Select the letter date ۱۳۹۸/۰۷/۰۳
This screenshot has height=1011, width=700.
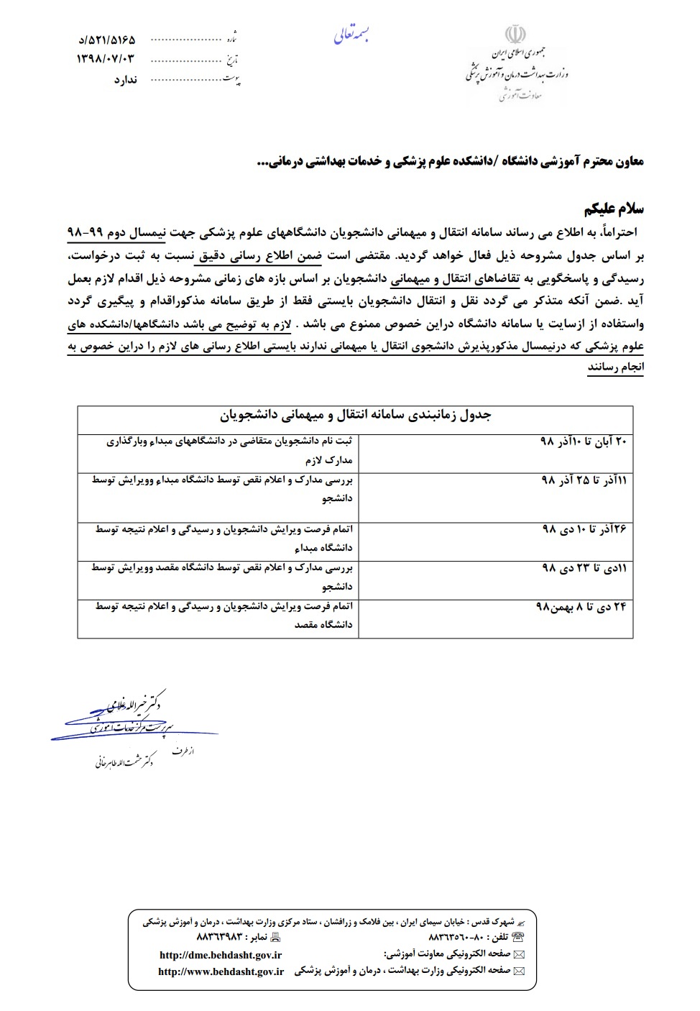pyautogui.click(x=106, y=58)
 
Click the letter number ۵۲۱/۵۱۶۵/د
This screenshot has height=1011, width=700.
pyautogui.click(x=106, y=40)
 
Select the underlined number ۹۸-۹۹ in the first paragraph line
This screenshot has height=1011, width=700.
pyautogui.click(x=85, y=234)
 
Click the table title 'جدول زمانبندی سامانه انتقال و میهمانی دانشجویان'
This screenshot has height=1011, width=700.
pyautogui.click(x=355, y=416)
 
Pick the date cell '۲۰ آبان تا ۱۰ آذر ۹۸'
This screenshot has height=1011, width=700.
pyautogui.click(x=583, y=440)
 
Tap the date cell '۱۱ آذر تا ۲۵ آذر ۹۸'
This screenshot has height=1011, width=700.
pyautogui.click(x=583, y=480)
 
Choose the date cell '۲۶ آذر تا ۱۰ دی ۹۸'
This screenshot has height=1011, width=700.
pyautogui.click(x=584, y=529)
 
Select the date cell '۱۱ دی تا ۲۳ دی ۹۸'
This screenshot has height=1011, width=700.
pyautogui.click(x=583, y=568)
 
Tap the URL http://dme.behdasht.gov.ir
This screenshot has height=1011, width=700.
pyautogui.click(x=220, y=955)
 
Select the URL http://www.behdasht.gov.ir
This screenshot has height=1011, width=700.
pyautogui.click(x=221, y=971)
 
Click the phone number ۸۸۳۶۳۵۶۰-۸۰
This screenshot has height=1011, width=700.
pyautogui.click(x=459, y=938)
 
